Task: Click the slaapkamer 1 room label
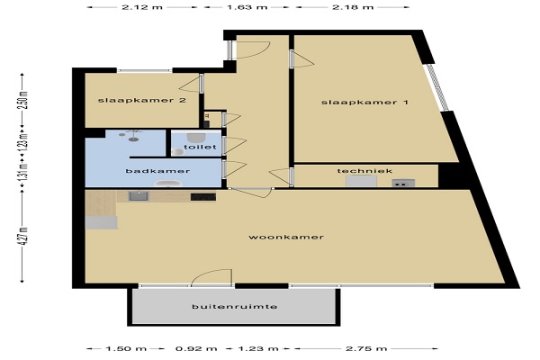(364, 103)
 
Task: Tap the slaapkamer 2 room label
(142, 100)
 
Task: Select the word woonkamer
(286, 237)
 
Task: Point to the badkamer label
(157, 171)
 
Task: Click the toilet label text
(200, 147)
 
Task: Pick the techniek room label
(364, 171)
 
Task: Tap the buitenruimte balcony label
(235, 306)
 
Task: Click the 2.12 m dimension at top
(142, 6)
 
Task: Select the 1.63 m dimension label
(247, 6)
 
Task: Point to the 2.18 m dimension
(353, 6)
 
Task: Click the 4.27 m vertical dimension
(24, 236)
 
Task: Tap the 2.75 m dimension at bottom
(366, 348)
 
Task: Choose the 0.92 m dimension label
(196, 348)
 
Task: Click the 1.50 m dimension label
(126, 348)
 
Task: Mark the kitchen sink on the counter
(139, 196)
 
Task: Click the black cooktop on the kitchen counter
(203, 197)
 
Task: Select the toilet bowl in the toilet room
(197, 138)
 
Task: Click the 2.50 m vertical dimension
(24, 100)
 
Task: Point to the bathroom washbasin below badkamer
(168, 184)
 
